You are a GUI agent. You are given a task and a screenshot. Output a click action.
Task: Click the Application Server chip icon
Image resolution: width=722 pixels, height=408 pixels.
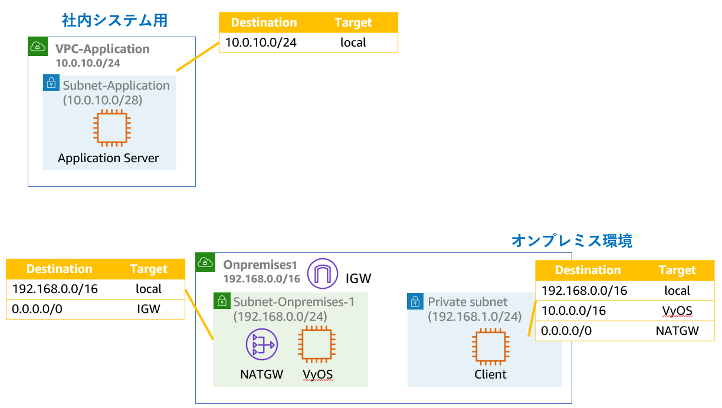coord(109,129)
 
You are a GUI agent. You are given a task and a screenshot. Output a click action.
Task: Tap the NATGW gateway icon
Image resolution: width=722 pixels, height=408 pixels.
coord(261,345)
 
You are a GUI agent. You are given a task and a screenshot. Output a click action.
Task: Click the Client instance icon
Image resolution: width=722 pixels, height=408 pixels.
coord(491,347)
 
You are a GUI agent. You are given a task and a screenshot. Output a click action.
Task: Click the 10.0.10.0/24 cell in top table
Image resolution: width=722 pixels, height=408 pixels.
coord(261,42)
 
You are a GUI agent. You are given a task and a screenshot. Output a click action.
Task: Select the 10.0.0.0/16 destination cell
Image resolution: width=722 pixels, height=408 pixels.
coord(573,311)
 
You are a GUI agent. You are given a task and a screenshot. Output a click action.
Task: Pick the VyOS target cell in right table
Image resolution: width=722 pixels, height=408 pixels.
coord(677,311)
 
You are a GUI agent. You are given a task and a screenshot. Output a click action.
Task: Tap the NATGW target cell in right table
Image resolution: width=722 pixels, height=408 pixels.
coord(677,331)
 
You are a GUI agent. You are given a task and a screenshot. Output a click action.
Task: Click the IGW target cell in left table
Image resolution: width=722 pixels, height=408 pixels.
coord(148,308)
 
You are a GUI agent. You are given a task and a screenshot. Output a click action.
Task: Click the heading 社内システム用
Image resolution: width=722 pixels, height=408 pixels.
coord(114,21)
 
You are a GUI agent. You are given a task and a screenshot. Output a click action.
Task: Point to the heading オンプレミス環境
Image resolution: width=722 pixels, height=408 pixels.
coord(572,241)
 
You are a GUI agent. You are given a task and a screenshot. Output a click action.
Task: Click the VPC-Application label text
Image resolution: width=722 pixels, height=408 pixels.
coord(103,49)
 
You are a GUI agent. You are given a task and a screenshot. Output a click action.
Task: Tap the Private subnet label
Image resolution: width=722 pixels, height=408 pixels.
coord(468,302)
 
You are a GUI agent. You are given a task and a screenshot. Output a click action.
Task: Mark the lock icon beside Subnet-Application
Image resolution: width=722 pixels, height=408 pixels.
coord(51,83)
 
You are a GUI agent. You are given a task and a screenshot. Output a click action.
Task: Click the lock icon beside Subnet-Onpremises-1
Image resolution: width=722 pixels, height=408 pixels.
coord(222,301)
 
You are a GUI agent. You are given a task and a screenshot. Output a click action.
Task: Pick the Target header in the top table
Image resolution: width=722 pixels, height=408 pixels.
coord(353,22)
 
